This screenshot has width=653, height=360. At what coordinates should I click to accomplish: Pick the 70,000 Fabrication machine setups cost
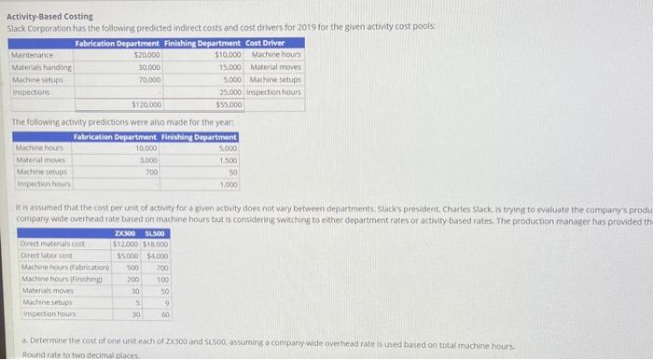(147, 79)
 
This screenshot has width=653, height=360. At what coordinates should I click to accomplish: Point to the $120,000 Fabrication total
(146, 104)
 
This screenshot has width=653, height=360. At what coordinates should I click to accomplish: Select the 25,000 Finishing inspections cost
(230, 91)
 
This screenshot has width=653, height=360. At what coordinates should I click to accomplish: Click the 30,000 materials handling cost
(147, 67)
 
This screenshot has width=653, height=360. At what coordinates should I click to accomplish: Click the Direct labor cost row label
(47, 255)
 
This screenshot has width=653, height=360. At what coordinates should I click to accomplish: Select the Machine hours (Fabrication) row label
(63, 267)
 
